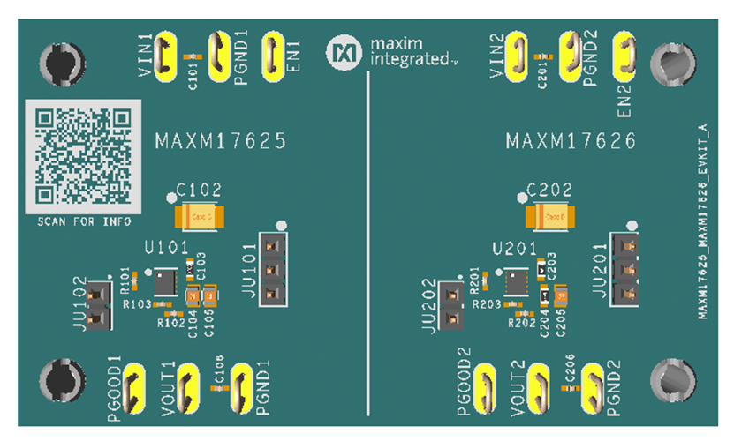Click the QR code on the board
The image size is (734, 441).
tap(82, 154)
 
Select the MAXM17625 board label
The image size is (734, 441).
tap(220, 141)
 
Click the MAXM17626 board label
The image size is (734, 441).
tap(571, 141)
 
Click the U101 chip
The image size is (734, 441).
tap(165, 282)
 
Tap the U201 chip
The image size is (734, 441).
tap(517, 282)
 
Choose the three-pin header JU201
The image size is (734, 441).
tap(625, 268)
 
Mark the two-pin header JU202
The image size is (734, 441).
tap(453, 304)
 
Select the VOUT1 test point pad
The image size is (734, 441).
tap(188, 388)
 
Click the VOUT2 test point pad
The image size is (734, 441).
tap(539, 388)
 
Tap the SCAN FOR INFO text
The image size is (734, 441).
tap(83, 221)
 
